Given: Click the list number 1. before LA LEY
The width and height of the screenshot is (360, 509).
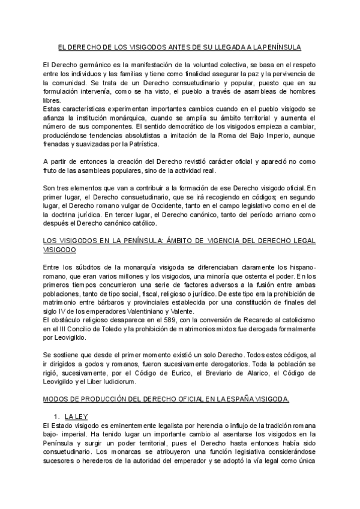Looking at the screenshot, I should coord(56,415).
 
